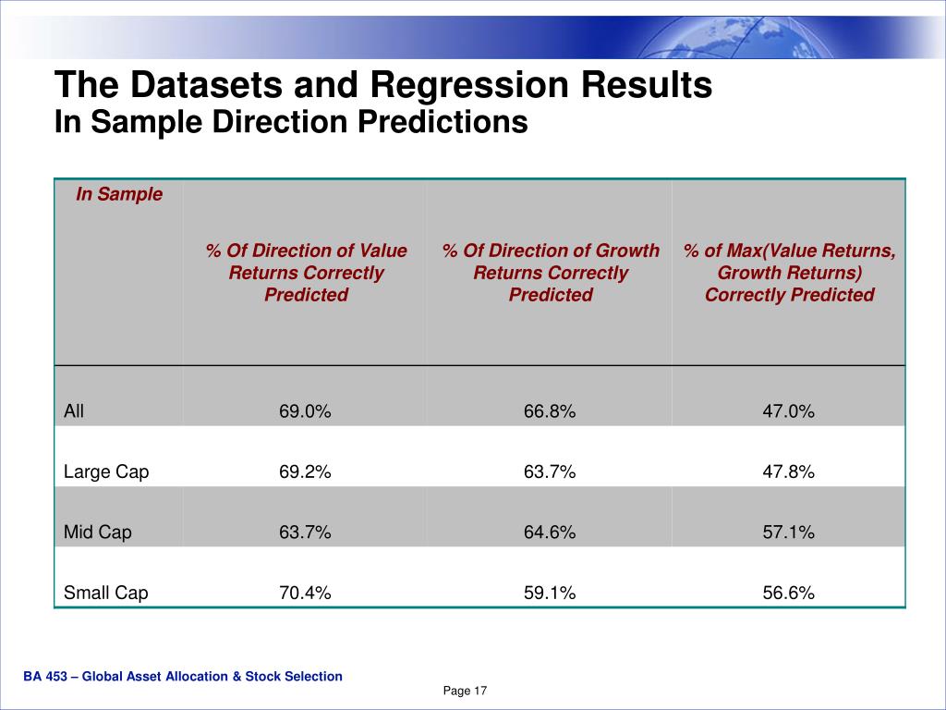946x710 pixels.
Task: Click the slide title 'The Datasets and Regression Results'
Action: click(x=382, y=85)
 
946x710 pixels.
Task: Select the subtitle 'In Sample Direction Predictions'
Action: click(x=291, y=122)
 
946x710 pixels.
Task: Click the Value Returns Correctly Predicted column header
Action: click(x=306, y=273)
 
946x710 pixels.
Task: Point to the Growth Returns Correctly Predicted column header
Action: click(x=551, y=273)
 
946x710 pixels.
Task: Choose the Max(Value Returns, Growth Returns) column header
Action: click(x=789, y=273)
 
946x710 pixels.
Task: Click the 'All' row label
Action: click(x=74, y=411)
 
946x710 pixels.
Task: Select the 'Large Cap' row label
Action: click(x=106, y=471)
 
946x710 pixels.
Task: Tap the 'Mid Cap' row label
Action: click(x=98, y=532)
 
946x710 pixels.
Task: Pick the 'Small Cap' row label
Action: click(x=105, y=593)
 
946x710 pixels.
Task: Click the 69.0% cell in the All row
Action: click(x=305, y=412)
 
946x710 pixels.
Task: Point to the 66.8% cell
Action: click(x=550, y=412)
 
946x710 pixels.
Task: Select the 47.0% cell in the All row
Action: click(x=788, y=412)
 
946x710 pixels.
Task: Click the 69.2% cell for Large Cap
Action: click(x=305, y=472)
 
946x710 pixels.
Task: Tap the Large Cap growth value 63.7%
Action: click(x=550, y=472)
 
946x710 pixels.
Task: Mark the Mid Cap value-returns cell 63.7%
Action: click(x=305, y=532)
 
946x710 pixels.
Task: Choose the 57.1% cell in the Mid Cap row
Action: click(x=788, y=532)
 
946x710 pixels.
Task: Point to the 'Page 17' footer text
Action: click(x=465, y=692)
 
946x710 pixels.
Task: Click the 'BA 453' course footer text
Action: click(x=183, y=677)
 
